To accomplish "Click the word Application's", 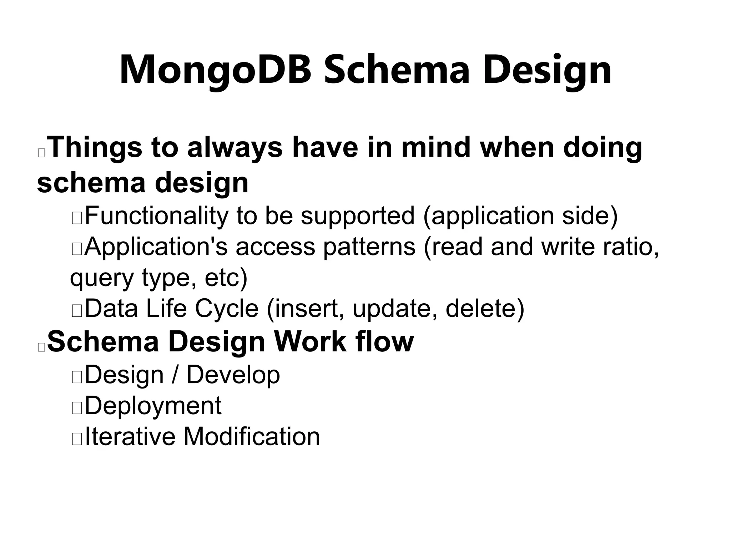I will [x=156, y=247].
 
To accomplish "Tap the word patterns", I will [x=369, y=247].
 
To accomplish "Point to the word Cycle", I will [x=227, y=309].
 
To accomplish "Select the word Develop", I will [x=233, y=375].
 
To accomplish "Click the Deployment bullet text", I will [x=153, y=406].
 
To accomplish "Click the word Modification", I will [x=252, y=436].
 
